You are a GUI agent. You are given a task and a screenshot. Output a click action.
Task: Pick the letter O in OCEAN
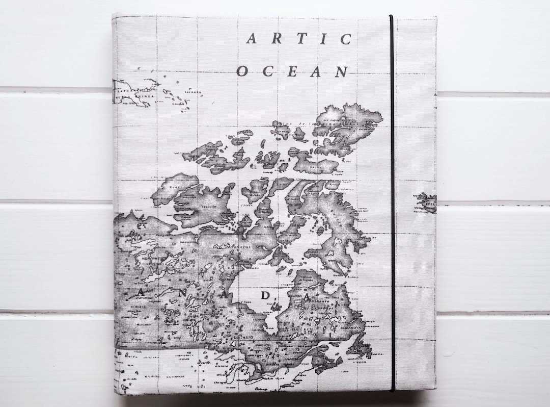pos(242,71)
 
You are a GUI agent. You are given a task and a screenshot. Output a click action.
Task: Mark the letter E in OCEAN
pos(292,71)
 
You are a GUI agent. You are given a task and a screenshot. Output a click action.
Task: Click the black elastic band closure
pos(392,204)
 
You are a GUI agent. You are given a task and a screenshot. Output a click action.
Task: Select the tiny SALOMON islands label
pos(192,93)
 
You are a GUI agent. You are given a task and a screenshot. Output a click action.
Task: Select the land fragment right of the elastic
pos(427,202)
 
